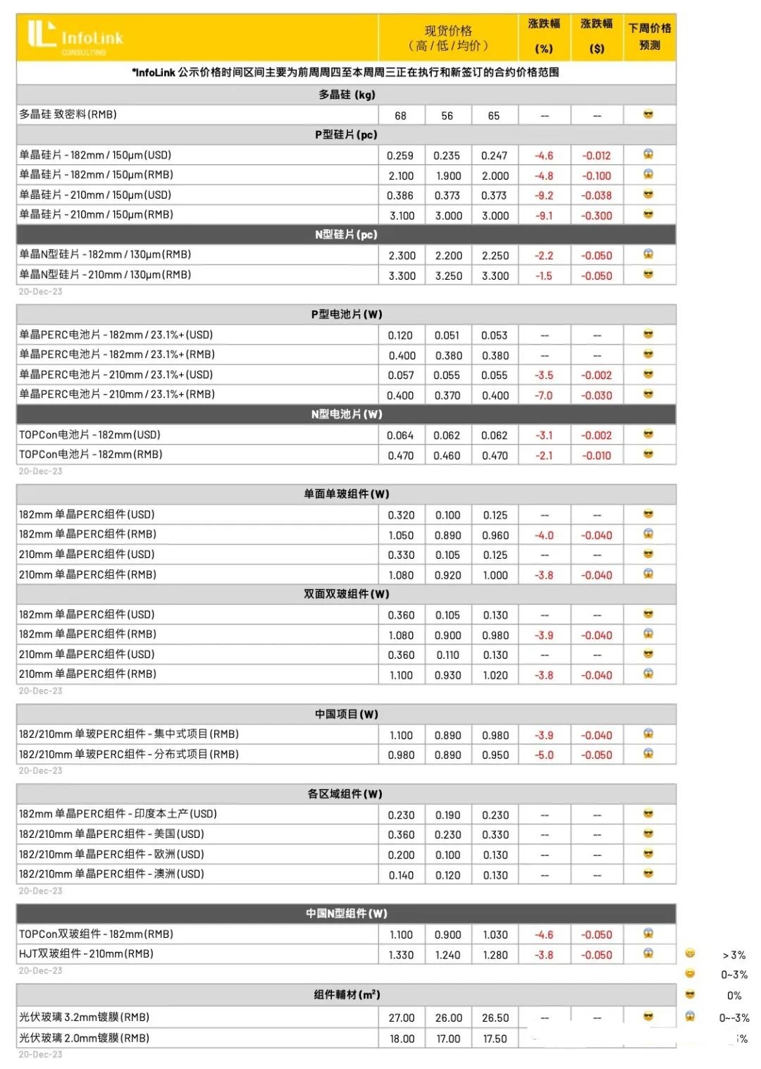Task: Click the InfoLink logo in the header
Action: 75,37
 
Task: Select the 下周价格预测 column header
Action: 650,36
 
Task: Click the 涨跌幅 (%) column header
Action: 544,36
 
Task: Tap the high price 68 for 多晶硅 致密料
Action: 400,116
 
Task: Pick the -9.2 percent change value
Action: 544,196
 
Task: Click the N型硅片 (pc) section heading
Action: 346,235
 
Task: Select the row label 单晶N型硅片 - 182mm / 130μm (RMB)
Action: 105,255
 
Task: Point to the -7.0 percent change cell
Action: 544,396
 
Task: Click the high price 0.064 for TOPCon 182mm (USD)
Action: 400,436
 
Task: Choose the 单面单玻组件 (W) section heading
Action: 346,494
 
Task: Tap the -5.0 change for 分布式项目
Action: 544,755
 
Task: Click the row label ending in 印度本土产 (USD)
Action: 118,815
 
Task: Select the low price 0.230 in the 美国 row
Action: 447,835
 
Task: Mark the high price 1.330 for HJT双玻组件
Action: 401,956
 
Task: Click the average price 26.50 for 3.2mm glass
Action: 495,1018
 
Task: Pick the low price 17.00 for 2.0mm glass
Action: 448,1039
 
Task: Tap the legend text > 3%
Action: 734,956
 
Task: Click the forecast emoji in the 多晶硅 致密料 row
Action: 648,115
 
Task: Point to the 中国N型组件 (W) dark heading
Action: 346,914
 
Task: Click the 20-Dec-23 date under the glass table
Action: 40,1055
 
